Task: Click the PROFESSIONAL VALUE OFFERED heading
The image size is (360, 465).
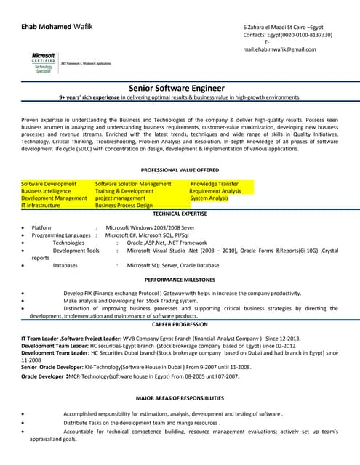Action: coord(180,169)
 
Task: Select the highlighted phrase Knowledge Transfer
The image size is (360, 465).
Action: coord(214,184)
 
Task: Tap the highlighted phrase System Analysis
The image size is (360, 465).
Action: coord(209,198)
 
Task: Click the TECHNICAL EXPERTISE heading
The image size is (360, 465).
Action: coord(180,214)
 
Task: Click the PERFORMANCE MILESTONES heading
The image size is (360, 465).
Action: coord(180,280)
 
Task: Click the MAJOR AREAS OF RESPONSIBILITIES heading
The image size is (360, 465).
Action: coord(180,399)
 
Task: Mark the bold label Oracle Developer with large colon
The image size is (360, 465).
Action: coord(44,376)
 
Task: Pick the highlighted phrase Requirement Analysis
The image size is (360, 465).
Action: coord(215,191)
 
